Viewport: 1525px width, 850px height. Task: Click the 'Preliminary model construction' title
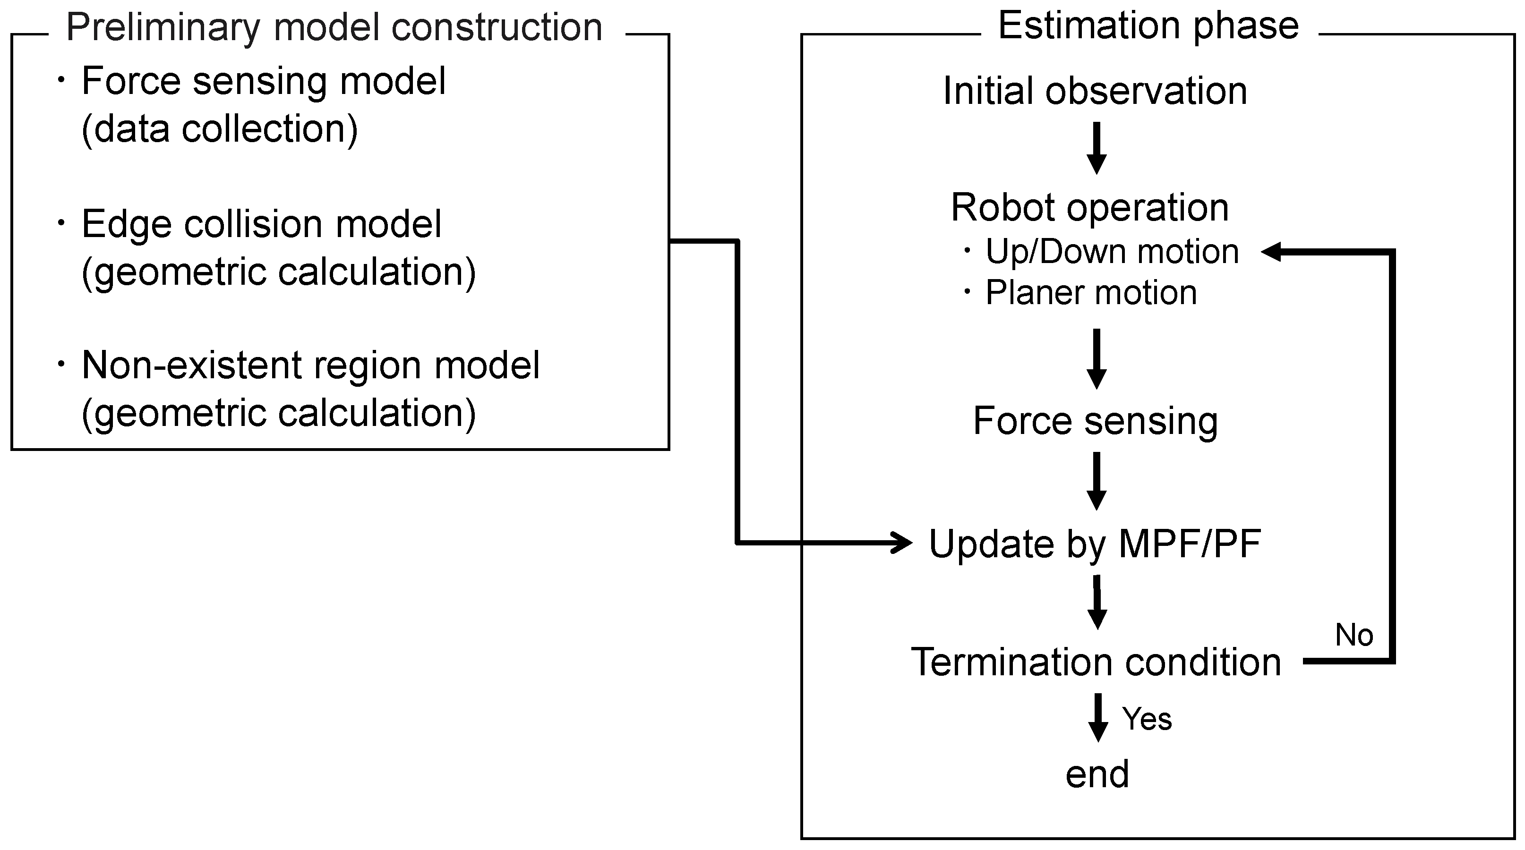pos(334,27)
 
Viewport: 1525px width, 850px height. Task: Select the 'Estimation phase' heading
pos(1148,26)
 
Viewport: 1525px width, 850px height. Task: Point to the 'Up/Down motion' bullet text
pos(1111,252)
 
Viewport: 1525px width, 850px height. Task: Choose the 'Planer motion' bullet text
pos(1090,292)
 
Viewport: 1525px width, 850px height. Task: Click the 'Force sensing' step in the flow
pos(1095,421)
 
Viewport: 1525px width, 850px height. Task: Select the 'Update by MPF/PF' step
pos(1095,544)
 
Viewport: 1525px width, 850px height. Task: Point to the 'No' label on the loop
pos(1354,635)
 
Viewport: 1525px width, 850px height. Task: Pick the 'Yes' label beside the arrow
pos(1147,719)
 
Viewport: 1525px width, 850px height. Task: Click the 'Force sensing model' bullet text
pos(264,81)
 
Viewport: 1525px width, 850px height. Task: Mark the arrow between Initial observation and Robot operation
pos(1097,148)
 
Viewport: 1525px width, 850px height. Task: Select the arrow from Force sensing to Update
pos(1097,481)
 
